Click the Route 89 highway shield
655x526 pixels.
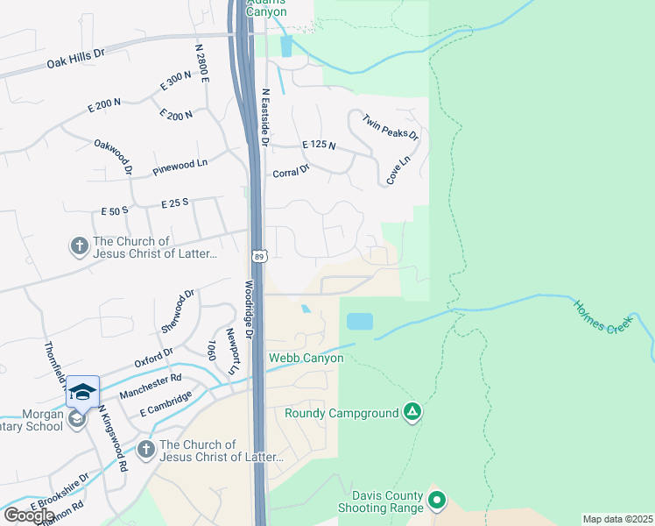(259, 256)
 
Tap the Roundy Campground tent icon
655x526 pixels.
(413, 412)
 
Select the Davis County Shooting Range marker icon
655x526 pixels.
(437, 501)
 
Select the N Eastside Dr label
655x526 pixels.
(266, 117)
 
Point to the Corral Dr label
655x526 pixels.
(291, 170)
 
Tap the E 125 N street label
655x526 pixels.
(319, 144)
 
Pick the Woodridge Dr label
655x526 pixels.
(248, 310)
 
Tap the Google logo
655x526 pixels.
(29, 515)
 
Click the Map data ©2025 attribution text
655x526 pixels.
(617, 519)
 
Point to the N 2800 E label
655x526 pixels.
(203, 61)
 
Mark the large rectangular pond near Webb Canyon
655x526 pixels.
(359, 322)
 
